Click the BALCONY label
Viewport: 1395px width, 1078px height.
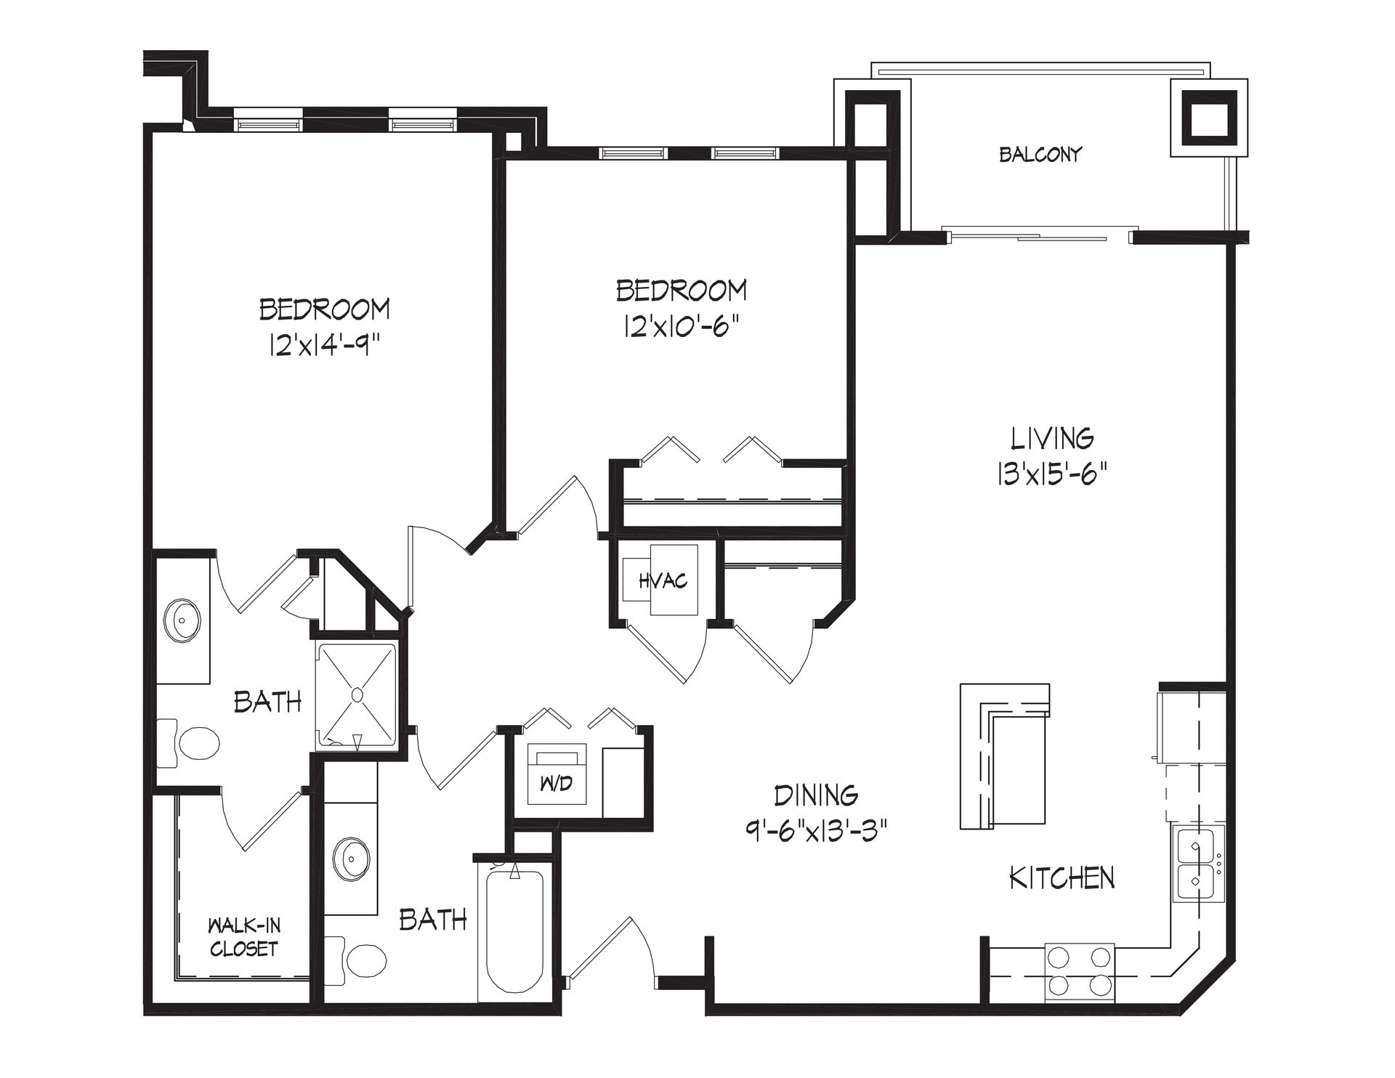(x=1040, y=154)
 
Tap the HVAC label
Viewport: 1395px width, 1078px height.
(x=663, y=581)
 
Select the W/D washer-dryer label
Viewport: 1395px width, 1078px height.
(x=557, y=784)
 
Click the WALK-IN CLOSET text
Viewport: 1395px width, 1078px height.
(x=243, y=937)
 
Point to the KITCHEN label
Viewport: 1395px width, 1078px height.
(x=1062, y=878)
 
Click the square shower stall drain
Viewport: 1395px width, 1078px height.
(x=357, y=694)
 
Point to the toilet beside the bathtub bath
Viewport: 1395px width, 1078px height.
(x=356, y=960)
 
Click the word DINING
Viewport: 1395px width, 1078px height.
(x=816, y=796)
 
